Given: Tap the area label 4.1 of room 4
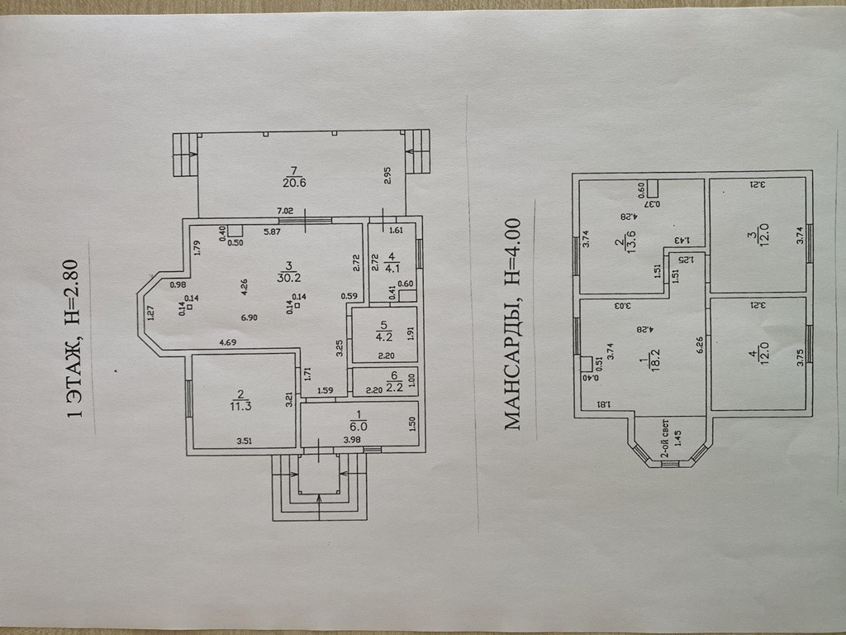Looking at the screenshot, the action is (392, 266).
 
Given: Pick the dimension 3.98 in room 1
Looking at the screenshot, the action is (351, 441).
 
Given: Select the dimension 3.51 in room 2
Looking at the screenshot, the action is (245, 441).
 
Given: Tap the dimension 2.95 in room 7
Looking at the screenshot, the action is (387, 175).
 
